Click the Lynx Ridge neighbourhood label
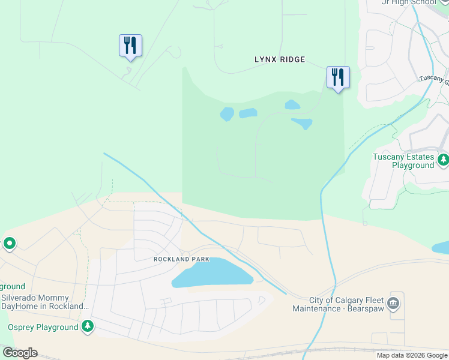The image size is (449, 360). (280, 59)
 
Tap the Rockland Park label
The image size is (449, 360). (181, 259)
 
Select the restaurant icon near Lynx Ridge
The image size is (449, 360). (338, 77)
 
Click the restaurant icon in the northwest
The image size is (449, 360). (130, 46)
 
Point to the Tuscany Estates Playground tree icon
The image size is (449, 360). (443, 160)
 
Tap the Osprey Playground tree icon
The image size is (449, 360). (88, 326)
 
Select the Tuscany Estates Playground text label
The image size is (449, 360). (403, 161)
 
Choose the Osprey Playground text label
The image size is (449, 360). (43, 327)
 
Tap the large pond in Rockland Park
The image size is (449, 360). (213, 273)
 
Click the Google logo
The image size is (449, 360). (20, 353)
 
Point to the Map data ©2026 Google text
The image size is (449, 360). (412, 355)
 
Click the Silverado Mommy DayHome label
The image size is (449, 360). (42, 302)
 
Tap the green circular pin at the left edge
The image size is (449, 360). (9, 244)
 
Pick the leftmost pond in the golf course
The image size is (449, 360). (227, 114)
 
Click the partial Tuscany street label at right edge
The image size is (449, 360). (433, 79)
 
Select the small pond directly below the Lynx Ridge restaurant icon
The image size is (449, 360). (292, 104)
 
